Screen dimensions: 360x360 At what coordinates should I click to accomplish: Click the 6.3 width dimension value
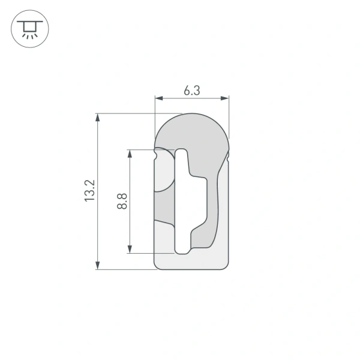point(191,91)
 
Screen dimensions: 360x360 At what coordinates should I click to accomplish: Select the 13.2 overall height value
point(89,190)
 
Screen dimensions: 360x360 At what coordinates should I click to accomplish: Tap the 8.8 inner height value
point(122,200)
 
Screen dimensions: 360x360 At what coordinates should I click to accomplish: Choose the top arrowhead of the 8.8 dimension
point(130,153)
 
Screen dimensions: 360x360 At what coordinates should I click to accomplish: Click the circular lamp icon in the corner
point(28,28)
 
